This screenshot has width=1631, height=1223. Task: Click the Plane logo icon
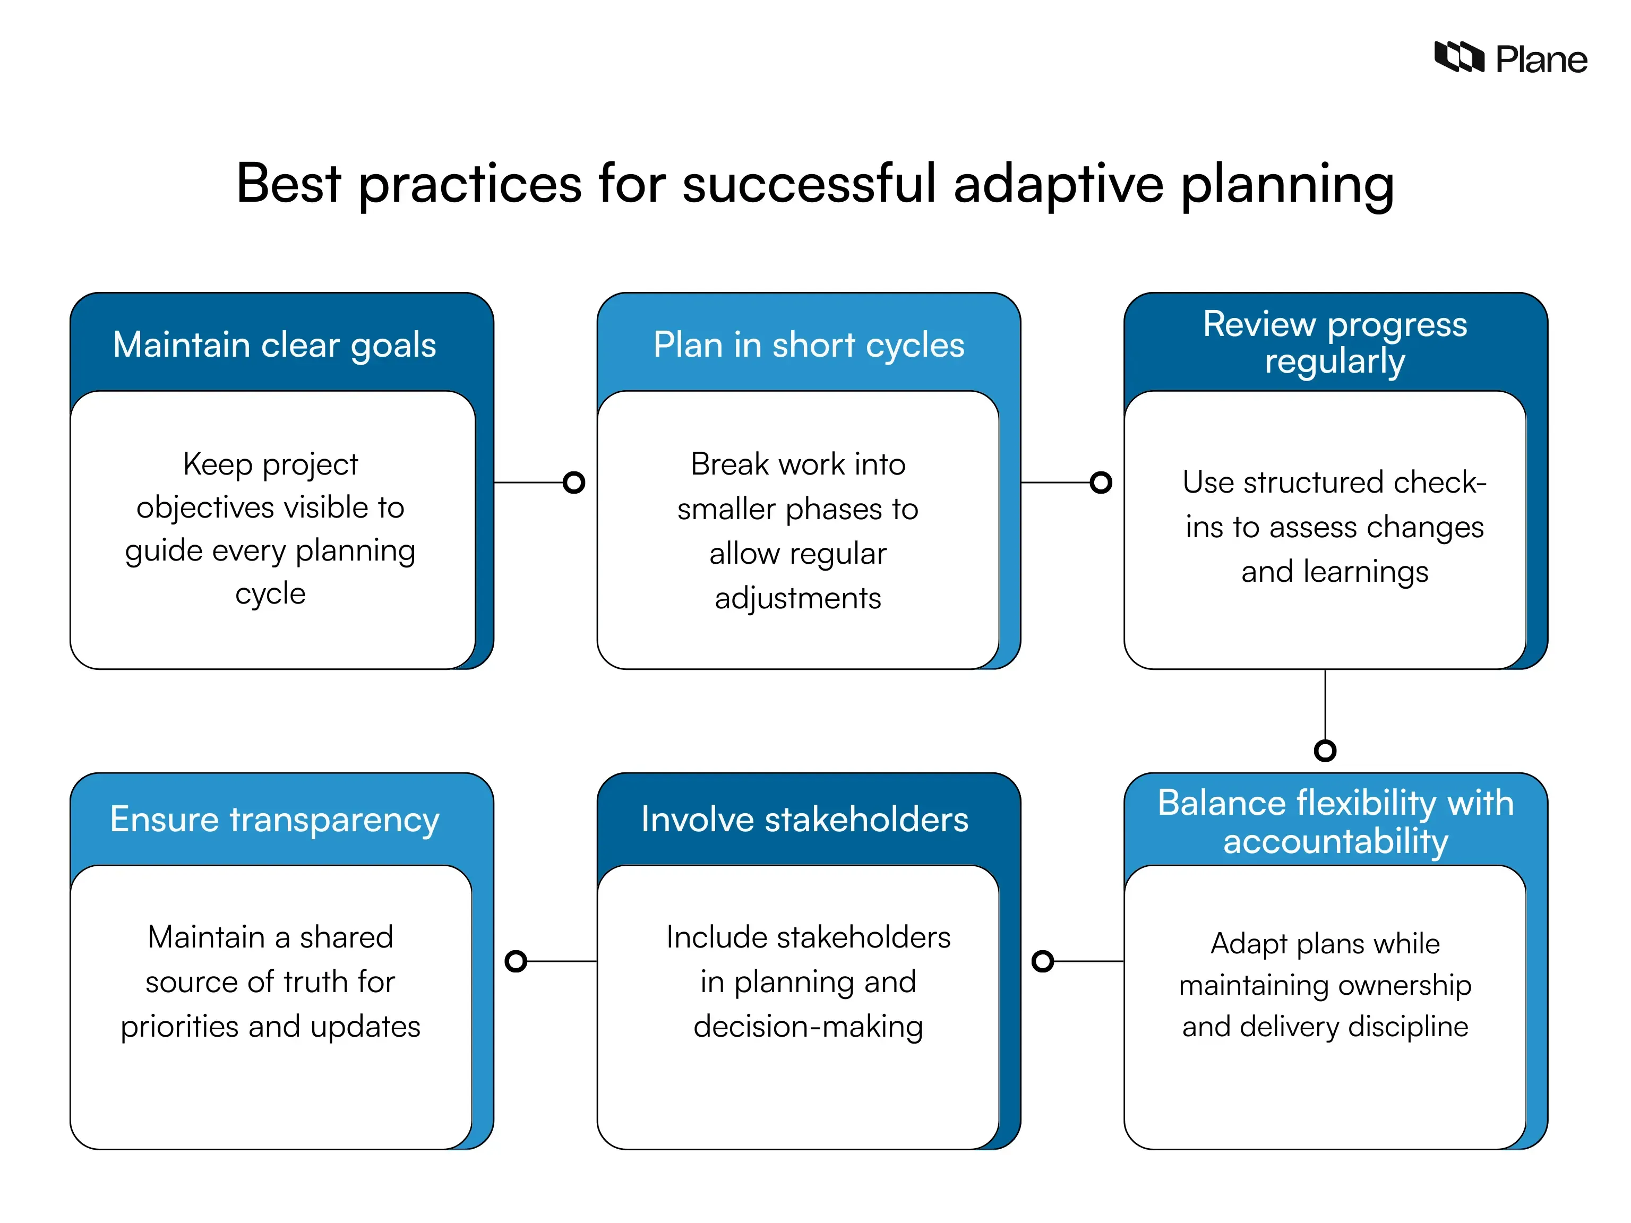click(x=1458, y=57)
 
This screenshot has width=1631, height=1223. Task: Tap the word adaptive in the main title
click(x=1058, y=184)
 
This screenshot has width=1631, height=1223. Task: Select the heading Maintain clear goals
click(x=274, y=345)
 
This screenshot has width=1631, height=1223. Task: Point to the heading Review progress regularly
click(x=1335, y=343)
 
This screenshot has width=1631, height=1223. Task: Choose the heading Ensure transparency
click(x=274, y=819)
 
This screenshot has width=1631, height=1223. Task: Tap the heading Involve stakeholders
click(x=804, y=819)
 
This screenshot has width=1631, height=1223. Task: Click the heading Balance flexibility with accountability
click(x=1335, y=822)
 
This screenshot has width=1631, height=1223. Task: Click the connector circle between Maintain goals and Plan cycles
click(x=573, y=483)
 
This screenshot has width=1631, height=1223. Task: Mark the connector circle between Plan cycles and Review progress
click(x=1101, y=483)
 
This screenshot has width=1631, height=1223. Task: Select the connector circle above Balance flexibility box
click(x=1325, y=751)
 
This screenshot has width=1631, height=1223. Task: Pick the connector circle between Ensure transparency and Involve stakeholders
click(x=516, y=961)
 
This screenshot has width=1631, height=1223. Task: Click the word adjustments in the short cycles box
click(x=798, y=598)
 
